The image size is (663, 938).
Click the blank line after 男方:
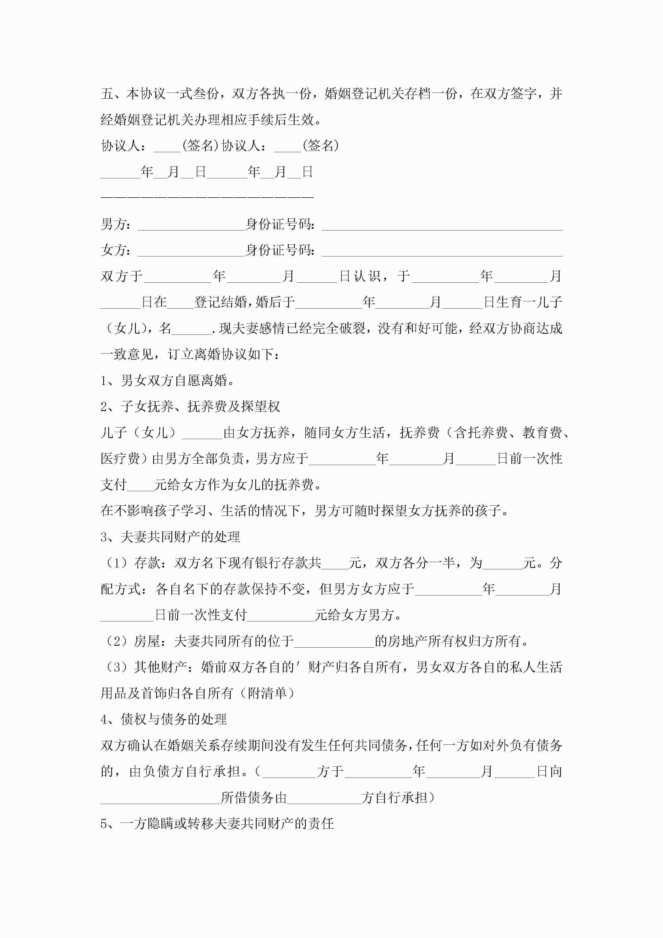point(191,225)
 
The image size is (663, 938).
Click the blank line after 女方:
point(191,251)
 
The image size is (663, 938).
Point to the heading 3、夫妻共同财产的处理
point(170,537)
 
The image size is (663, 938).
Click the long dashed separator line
point(207,197)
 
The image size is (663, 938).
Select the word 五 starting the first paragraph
point(107,94)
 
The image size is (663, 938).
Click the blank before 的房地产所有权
point(334,641)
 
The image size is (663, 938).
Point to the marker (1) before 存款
point(117,563)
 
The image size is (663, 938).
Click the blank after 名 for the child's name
point(192,329)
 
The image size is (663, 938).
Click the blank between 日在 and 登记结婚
point(180,303)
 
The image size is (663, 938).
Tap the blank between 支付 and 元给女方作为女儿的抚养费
point(140,485)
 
